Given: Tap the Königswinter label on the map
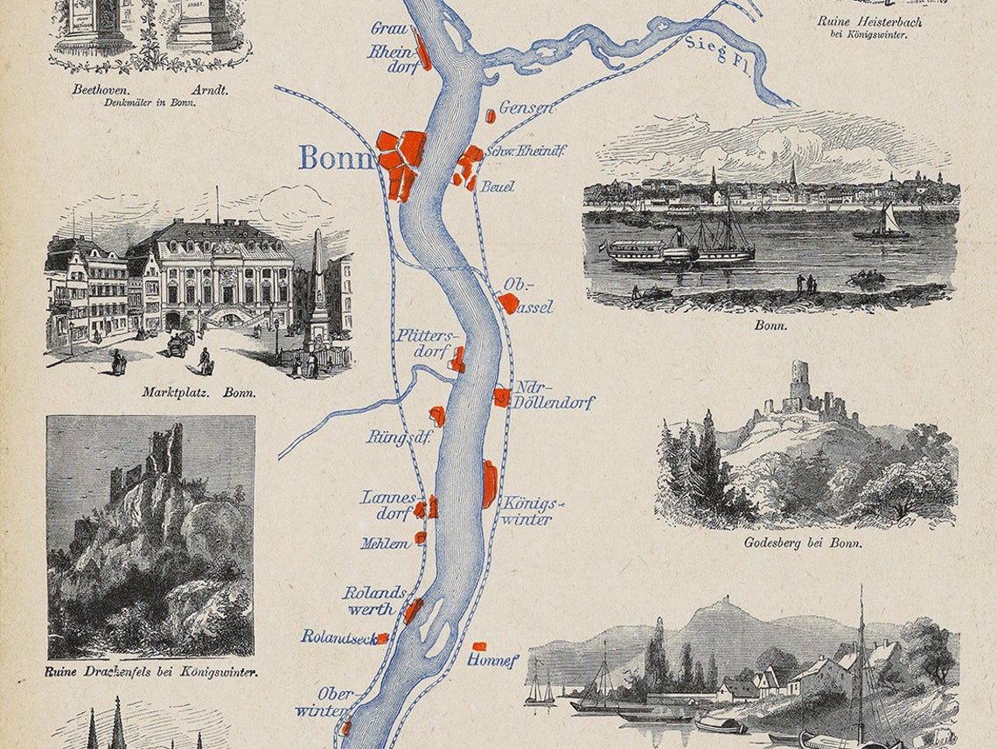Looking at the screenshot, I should coord(527,511).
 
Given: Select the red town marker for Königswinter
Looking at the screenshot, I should coord(489,485).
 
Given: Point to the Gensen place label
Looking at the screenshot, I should coord(526,108).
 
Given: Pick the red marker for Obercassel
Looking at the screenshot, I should coord(507,303).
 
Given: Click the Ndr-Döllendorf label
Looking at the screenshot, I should coord(554,395).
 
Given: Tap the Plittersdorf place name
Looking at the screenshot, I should coord(426,344).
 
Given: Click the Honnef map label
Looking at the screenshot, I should coord(494,659).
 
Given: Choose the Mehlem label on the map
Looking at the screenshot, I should coord(385,543).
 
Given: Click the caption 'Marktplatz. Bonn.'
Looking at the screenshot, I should coord(199,393).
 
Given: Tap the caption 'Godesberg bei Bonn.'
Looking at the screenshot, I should coord(804,542).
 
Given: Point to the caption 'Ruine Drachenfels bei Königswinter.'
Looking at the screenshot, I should coord(150,672).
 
